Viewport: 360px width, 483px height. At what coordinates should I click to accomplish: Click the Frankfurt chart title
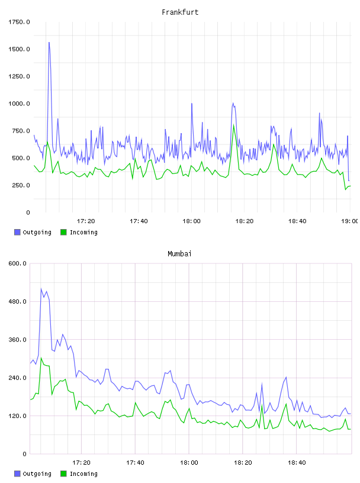click(x=180, y=12)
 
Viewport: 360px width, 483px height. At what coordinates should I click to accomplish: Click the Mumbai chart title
click(x=179, y=254)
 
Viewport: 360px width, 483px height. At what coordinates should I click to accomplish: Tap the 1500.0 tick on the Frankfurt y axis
click(x=19, y=49)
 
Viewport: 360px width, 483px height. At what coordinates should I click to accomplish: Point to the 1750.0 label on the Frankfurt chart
click(x=19, y=22)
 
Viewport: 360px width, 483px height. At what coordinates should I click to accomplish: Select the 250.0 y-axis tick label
click(x=21, y=185)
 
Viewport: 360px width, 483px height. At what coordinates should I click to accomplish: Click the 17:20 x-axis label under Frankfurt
click(x=86, y=221)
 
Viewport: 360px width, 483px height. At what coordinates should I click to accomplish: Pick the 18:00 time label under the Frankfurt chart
click(x=191, y=221)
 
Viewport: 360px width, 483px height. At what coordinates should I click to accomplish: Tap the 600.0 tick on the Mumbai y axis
click(x=17, y=263)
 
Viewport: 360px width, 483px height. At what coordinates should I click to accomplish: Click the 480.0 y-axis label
click(x=17, y=301)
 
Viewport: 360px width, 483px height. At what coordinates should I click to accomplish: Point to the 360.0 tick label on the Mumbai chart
click(x=17, y=339)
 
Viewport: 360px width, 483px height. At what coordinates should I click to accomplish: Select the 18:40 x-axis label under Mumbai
click(x=297, y=463)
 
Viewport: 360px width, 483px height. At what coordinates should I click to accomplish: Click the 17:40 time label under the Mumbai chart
click(x=136, y=463)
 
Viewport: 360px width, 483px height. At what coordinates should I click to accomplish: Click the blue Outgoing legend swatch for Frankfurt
click(x=17, y=232)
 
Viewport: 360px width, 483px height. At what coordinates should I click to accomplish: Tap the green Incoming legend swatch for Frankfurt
click(x=63, y=232)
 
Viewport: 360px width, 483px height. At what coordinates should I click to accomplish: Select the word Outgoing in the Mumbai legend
click(x=37, y=474)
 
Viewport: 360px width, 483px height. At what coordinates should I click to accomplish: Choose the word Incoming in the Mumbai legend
click(x=83, y=474)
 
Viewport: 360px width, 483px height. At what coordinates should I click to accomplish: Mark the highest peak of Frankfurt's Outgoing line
click(x=49, y=43)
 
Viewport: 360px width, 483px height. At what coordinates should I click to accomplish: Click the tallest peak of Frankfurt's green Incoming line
click(x=234, y=125)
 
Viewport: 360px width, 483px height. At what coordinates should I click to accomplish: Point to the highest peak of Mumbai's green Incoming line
click(x=41, y=358)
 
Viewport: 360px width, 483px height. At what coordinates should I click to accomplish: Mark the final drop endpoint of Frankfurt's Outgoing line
click(x=349, y=181)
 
